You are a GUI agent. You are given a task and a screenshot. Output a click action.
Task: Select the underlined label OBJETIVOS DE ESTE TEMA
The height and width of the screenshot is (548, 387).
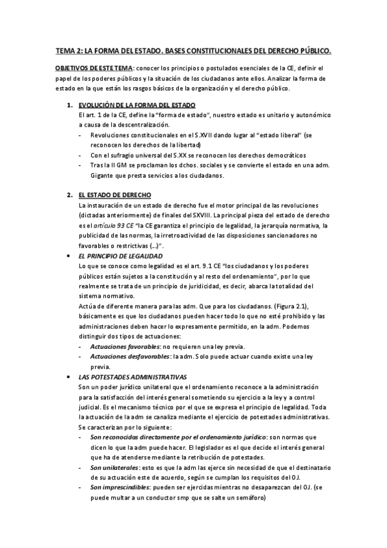click(94, 68)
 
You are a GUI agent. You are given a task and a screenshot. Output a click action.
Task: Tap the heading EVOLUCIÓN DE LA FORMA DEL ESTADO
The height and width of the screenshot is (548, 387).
click(136, 105)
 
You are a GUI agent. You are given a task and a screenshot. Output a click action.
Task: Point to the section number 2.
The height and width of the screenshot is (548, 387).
click(70, 195)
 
